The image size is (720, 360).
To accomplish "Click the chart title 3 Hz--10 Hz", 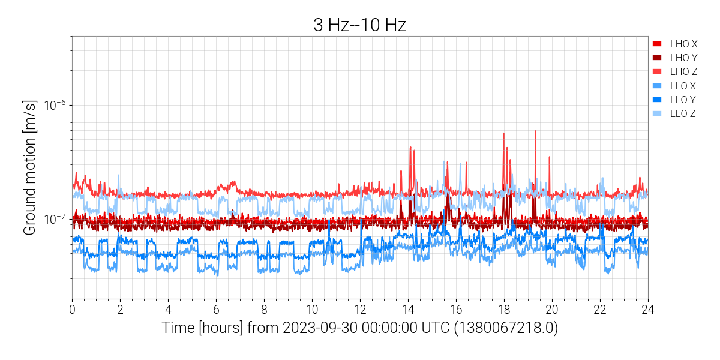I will [360, 25].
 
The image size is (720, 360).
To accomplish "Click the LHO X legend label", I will [683, 44].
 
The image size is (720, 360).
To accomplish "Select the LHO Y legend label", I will [683, 58].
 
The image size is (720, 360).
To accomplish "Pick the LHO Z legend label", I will [683, 71].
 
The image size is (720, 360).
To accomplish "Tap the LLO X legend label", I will [683, 86].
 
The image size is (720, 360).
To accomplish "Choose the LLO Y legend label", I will [683, 100].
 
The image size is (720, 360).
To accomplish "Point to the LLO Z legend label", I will [683, 113].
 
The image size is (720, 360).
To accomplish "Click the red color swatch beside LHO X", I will [657, 44].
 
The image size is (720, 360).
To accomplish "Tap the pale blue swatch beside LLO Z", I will [657, 113].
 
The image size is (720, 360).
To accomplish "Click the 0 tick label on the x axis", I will [72, 310].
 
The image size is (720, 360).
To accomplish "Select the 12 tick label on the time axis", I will [360, 310].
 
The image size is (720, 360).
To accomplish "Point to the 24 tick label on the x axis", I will [648, 310].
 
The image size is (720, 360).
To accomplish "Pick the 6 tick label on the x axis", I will [216, 310].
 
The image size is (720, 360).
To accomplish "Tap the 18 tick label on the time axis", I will [504, 310].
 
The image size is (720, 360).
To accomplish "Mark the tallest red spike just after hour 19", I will [535, 131].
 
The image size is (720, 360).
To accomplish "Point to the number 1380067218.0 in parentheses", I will [512, 329].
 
